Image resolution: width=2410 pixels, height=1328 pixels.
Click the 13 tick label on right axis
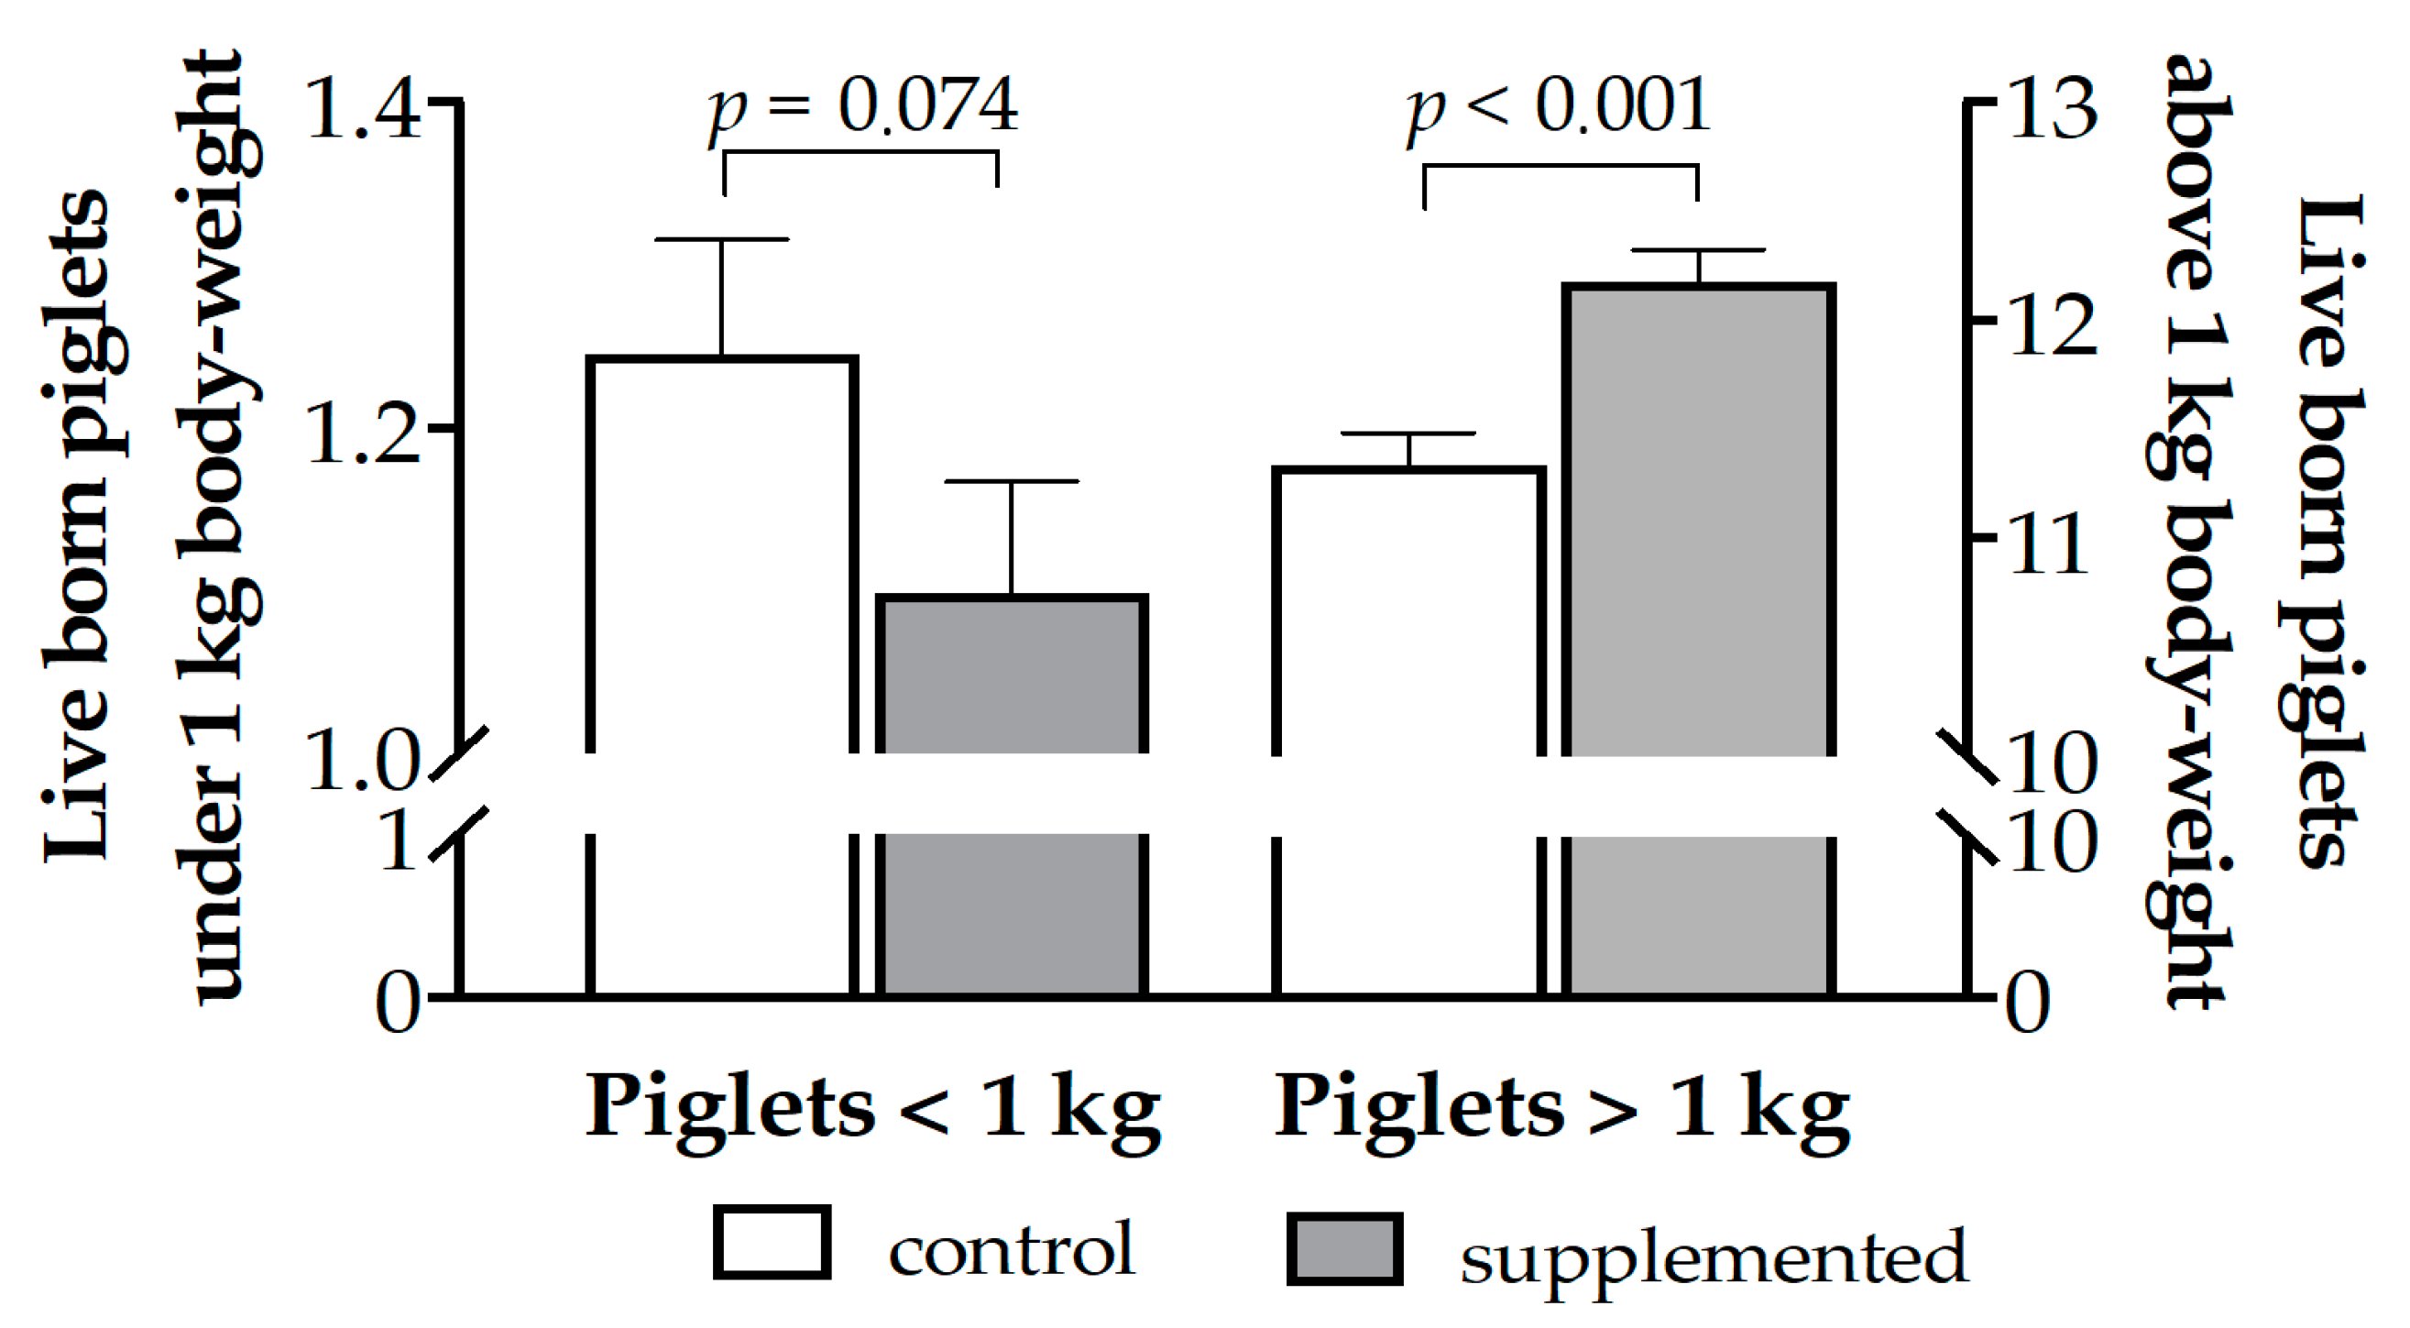click(x=2053, y=110)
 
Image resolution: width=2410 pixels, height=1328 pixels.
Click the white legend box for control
click(x=772, y=1242)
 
